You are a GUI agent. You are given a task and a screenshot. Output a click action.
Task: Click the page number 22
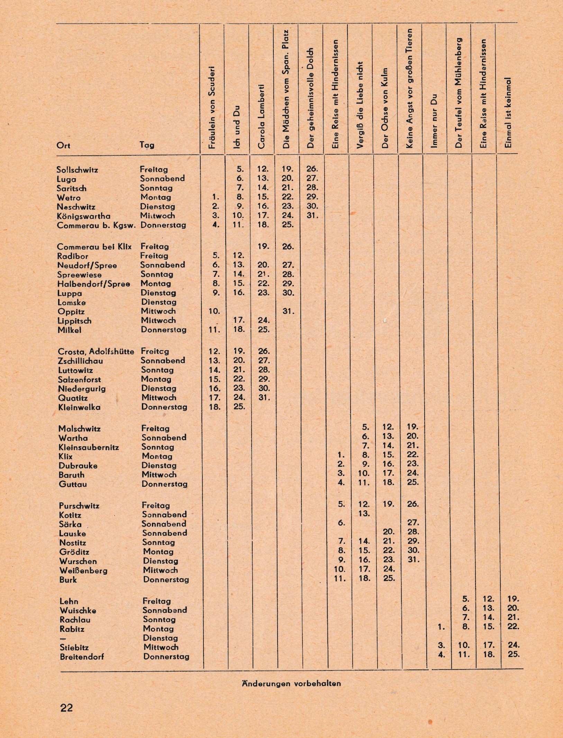67,708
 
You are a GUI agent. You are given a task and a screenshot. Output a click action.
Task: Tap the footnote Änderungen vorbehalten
291,683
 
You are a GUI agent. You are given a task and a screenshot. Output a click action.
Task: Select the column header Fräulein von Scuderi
212,107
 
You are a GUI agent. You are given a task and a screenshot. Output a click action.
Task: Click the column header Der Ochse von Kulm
385,108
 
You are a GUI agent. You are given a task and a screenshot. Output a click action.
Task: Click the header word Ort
63,145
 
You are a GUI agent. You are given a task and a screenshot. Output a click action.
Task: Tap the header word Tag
147,145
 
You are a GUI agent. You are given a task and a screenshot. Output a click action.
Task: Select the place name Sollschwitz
77,170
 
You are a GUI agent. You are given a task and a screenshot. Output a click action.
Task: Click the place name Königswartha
84,216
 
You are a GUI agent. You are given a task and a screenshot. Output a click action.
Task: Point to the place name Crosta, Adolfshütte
96,352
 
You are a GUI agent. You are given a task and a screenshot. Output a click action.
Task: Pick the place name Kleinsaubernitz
89,447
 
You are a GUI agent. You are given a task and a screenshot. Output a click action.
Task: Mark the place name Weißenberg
83,571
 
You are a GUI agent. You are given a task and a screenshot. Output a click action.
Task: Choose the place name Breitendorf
82,657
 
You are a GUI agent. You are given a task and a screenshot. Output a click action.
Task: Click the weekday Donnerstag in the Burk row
166,580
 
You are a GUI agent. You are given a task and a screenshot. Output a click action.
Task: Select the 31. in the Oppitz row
288,311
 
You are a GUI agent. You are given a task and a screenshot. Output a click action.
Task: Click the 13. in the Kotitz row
364,514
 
